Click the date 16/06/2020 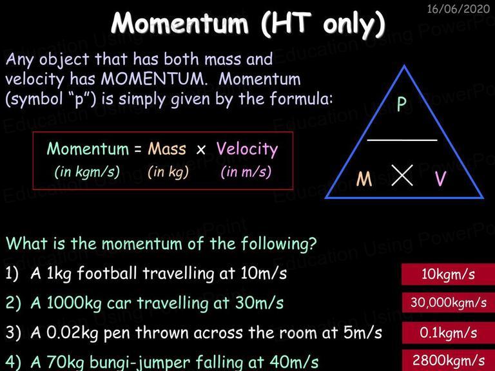[458, 9]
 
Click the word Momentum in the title [180, 23]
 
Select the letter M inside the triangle [364, 179]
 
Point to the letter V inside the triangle [441, 178]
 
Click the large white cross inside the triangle [402, 175]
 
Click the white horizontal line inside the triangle [402, 140]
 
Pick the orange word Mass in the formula [167, 149]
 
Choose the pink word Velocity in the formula [247, 149]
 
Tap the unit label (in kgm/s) [87, 172]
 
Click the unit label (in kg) [168, 172]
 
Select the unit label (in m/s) [246, 172]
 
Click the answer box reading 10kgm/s [449, 274]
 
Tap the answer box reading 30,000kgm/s [449, 303]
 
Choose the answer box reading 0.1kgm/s [449, 333]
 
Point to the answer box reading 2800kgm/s [449, 360]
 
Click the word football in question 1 [107, 273]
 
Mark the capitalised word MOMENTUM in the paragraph [154, 79]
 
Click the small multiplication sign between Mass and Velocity [201, 150]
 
